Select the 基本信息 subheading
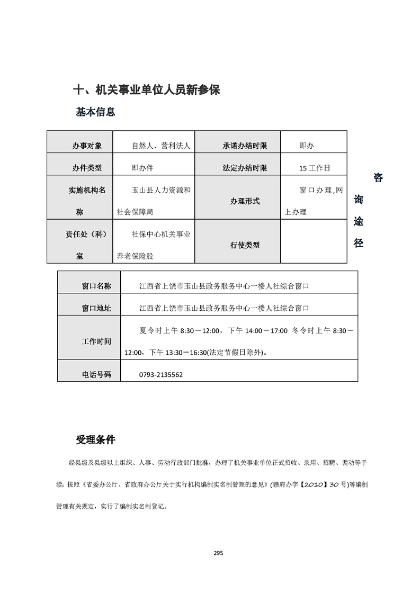tap(95, 112)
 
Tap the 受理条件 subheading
tap(95, 440)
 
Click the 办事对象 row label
tap(87, 146)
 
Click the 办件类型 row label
tap(87, 168)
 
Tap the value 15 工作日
tap(314, 168)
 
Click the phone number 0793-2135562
tap(161, 374)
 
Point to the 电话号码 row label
tap(96, 374)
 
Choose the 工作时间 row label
tap(96, 341)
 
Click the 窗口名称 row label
tap(96, 286)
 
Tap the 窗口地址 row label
tap(96, 308)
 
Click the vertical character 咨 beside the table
tap(378, 178)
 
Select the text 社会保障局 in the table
tap(135, 212)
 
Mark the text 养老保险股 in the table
tap(135, 256)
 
